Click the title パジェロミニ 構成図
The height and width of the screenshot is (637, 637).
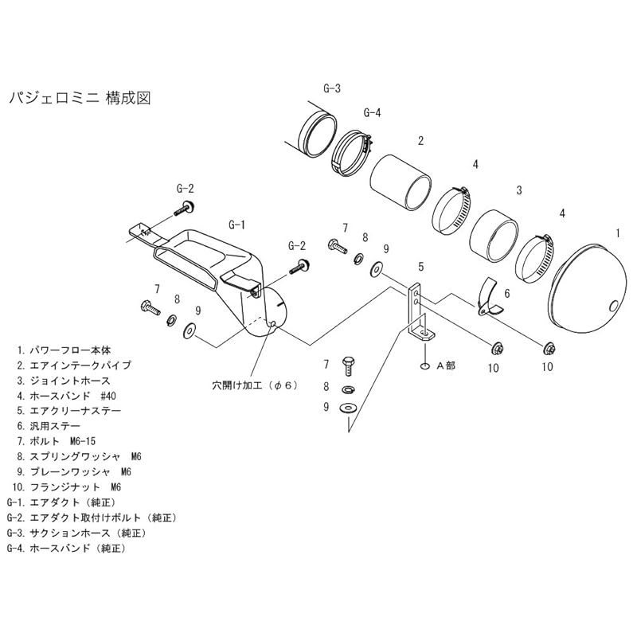[78, 98]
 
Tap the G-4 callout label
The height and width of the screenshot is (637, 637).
[372, 112]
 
